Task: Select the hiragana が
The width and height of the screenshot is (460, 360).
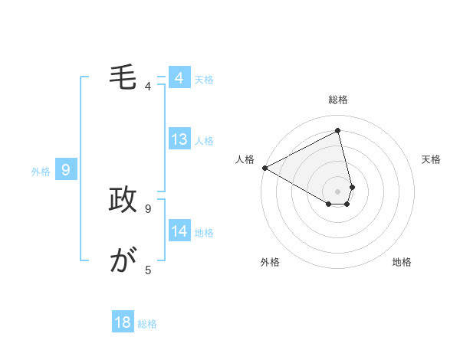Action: tap(123, 261)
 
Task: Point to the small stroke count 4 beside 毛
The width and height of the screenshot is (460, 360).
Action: tap(148, 87)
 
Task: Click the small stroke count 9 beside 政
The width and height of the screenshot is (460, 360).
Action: tap(148, 208)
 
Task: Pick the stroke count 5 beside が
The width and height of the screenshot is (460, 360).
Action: tap(148, 270)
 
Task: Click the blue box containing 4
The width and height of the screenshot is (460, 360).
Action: tap(179, 78)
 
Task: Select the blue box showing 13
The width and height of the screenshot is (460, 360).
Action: tap(179, 139)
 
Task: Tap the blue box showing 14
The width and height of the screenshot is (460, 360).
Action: tap(179, 231)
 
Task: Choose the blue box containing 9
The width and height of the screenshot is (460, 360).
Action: tap(66, 170)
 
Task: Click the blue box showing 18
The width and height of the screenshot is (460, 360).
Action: tap(123, 322)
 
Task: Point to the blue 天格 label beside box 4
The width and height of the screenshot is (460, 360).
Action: tap(204, 79)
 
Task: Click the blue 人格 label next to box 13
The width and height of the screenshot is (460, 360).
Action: tap(204, 140)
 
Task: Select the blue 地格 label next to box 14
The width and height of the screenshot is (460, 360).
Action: tap(204, 232)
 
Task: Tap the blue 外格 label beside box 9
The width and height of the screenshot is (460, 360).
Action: tap(41, 172)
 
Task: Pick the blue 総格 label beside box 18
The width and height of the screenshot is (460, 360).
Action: tap(147, 323)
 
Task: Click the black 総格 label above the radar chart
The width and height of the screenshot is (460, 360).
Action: tap(337, 100)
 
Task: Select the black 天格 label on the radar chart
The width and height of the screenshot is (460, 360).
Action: tap(432, 159)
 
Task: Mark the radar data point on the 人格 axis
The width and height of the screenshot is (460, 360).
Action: tap(264, 168)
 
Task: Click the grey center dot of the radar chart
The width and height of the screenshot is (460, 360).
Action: tap(337, 191)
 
